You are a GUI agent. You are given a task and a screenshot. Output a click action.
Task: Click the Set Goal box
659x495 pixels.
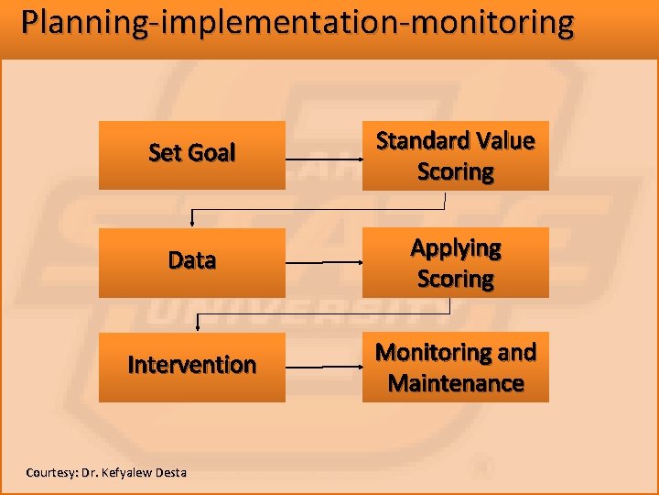(x=192, y=155)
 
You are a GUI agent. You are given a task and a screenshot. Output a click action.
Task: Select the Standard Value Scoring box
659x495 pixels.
(x=456, y=155)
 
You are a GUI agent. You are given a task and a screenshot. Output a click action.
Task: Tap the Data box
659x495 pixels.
(x=192, y=262)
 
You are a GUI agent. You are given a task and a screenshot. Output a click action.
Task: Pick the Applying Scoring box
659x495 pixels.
(x=456, y=262)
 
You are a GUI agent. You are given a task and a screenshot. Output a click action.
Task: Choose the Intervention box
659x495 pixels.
(x=192, y=367)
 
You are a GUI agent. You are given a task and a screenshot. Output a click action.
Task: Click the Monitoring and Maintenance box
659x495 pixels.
(x=456, y=367)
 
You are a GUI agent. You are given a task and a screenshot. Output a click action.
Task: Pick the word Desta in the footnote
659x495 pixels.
(x=170, y=473)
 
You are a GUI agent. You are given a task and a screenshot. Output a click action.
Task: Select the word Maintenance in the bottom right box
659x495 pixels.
(x=456, y=383)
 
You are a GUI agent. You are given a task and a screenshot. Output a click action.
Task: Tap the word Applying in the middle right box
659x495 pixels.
(x=456, y=248)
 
